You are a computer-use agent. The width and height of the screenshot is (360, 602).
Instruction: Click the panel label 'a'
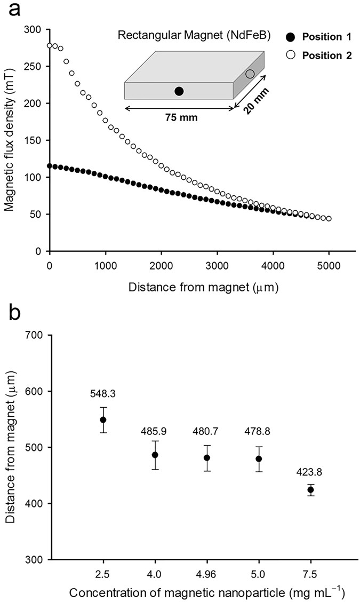tap(10, 10)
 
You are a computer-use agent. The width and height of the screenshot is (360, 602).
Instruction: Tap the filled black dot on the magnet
tap(179, 91)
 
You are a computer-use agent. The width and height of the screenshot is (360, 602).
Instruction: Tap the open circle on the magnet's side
tap(250, 74)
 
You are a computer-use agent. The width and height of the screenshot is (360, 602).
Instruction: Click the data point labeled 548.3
tap(103, 419)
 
